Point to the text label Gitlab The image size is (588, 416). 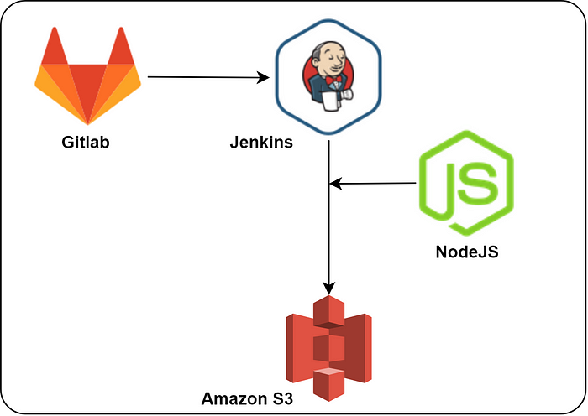click(86, 142)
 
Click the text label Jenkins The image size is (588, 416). click(261, 142)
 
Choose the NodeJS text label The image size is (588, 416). click(466, 252)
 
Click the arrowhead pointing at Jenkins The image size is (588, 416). click(263, 78)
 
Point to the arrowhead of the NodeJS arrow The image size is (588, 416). click(335, 183)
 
